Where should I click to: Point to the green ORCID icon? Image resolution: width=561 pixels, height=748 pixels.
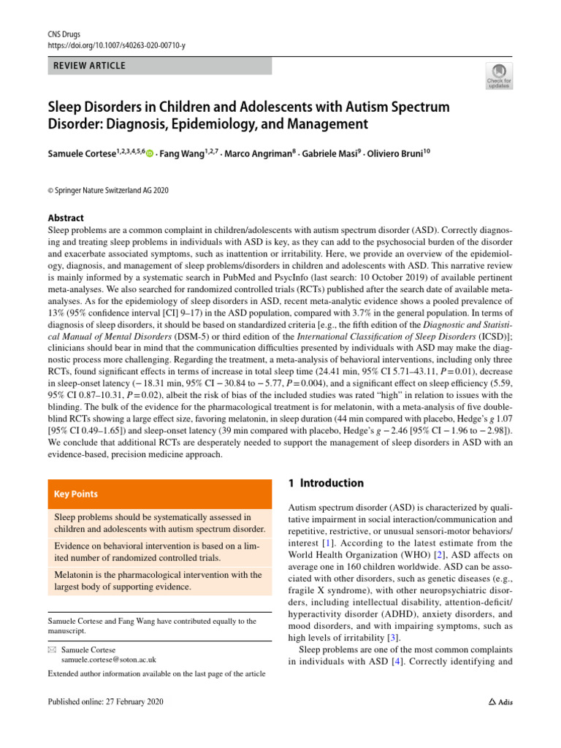coord(150,153)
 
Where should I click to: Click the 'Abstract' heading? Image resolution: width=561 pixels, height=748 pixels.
coord(66,218)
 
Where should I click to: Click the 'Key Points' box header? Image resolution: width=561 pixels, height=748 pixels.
coord(76,494)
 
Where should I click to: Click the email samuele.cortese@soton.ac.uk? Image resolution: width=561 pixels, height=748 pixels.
coord(109,659)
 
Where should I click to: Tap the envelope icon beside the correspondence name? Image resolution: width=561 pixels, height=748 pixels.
coord(50,649)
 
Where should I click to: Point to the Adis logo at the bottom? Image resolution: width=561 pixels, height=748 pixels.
coord(500,702)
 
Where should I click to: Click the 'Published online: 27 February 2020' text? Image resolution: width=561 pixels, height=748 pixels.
coord(105,702)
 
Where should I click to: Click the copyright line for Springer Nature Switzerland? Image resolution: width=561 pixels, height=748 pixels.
coord(108,190)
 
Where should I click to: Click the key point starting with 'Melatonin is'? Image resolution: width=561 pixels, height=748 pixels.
coord(158,580)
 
